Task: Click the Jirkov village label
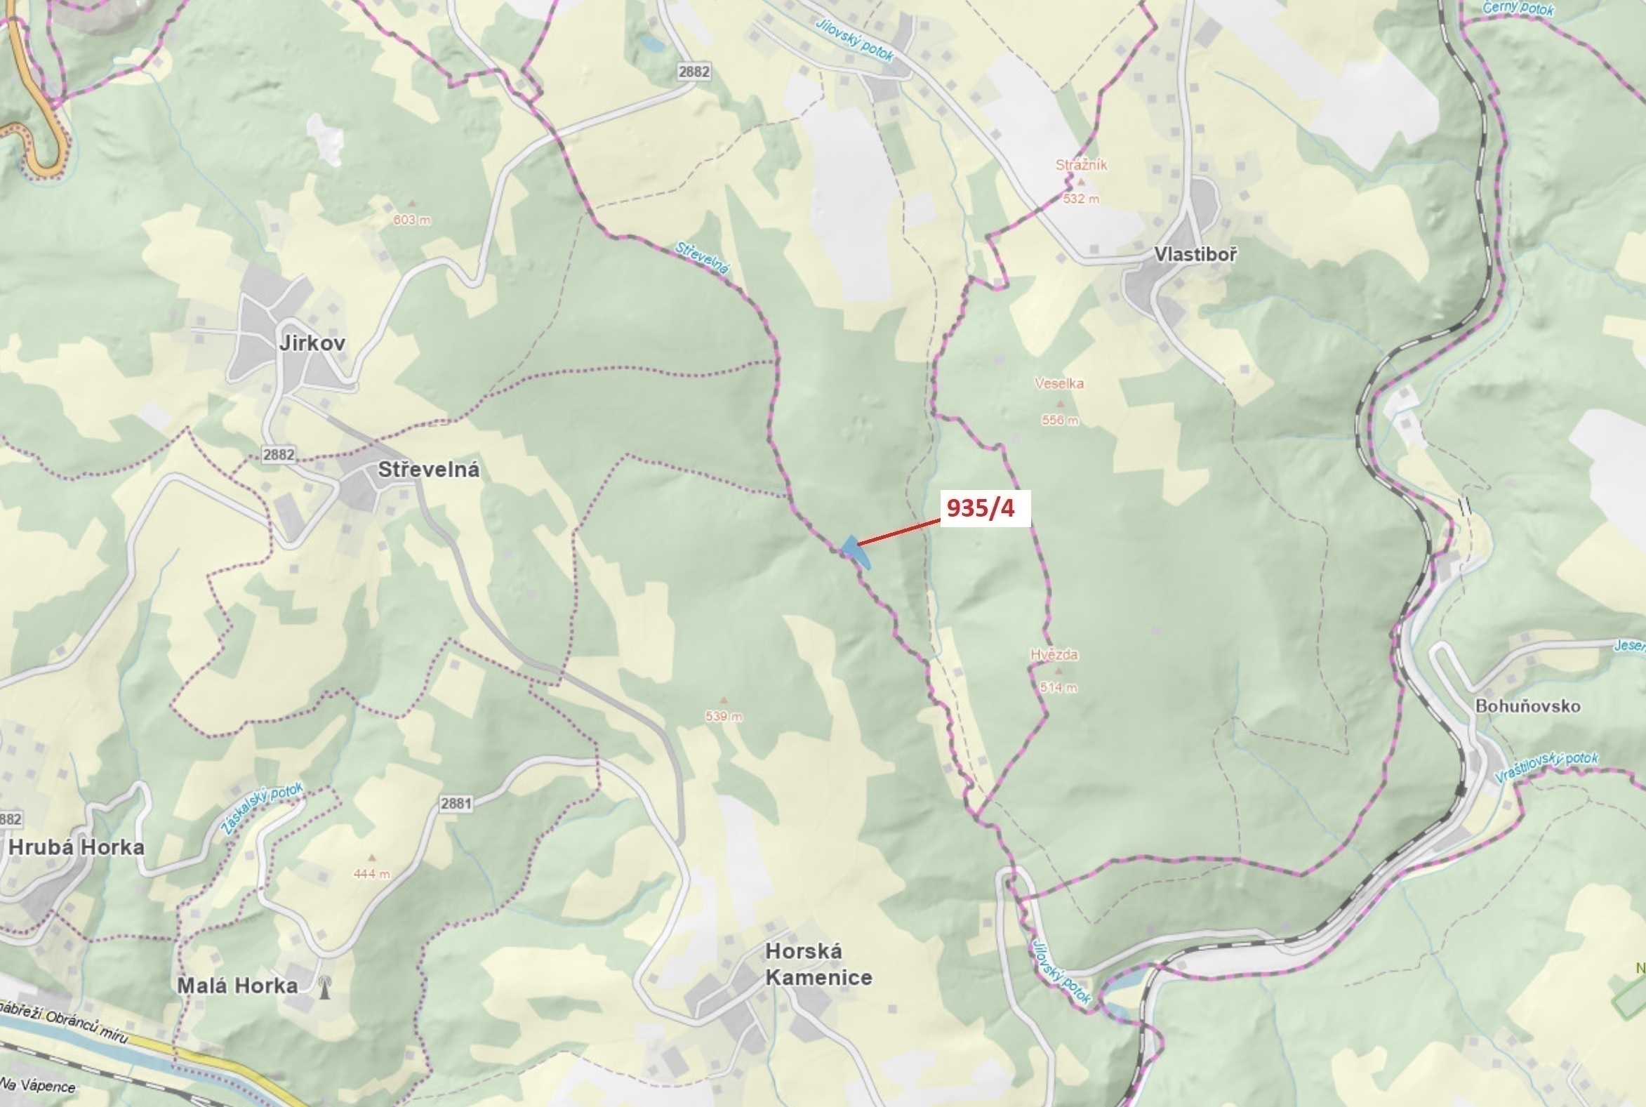(x=312, y=344)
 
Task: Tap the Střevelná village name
(x=428, y=470)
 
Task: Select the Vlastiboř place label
(x=1195, y=255)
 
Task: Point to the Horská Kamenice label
(x=818, y=965)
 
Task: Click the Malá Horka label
(x=237, y=986)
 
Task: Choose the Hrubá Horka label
(x=77, y=847)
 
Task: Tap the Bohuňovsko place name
(x=1527, y=706)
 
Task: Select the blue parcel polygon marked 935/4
(x=856, y=551)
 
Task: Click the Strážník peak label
(x=1081, y=165)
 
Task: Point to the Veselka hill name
(x=1058, y=384)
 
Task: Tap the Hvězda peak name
(x=1054, y=655)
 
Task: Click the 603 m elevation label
(x=411, y=220)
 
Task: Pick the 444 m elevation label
(x=372, y=874)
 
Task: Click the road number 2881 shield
(x=456, y=804)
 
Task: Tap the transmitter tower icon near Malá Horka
(x=324, y=986)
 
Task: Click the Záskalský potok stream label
(x=263, y=809)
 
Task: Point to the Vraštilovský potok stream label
(x=1546, y=767)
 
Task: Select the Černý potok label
(x=1518, y=8)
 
